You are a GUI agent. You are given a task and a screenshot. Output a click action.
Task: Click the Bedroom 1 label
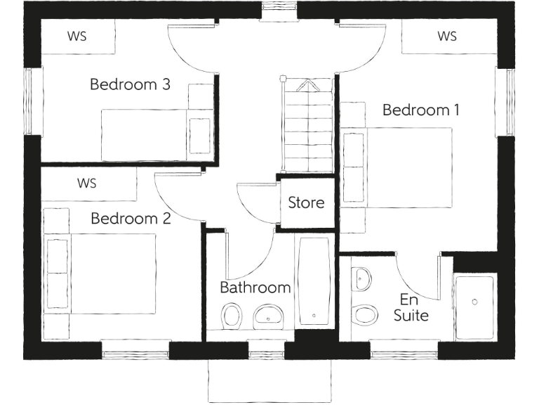click(421, 110)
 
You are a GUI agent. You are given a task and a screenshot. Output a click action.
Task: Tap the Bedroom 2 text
click(131, 219)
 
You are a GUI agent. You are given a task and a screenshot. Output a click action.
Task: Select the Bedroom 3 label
click(130, 85)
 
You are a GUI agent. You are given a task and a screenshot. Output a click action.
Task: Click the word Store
click(306, 203)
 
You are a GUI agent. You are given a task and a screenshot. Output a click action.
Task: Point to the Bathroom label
click(255, 288)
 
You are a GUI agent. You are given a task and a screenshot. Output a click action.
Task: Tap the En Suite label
click(411, 308)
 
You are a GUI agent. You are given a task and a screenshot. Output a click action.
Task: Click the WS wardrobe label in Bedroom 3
click(77, 37)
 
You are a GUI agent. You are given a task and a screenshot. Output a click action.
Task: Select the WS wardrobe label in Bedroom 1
click(447, 37)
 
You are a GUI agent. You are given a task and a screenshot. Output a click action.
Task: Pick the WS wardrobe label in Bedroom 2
click(86, 184)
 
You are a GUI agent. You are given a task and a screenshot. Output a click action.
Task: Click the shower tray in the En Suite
click(474, 301)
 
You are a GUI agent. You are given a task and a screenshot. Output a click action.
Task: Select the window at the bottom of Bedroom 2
click(135, 349)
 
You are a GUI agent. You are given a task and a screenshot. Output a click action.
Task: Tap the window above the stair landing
click(279, 11)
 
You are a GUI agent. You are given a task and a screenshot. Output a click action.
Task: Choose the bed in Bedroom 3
click(157, 134)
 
